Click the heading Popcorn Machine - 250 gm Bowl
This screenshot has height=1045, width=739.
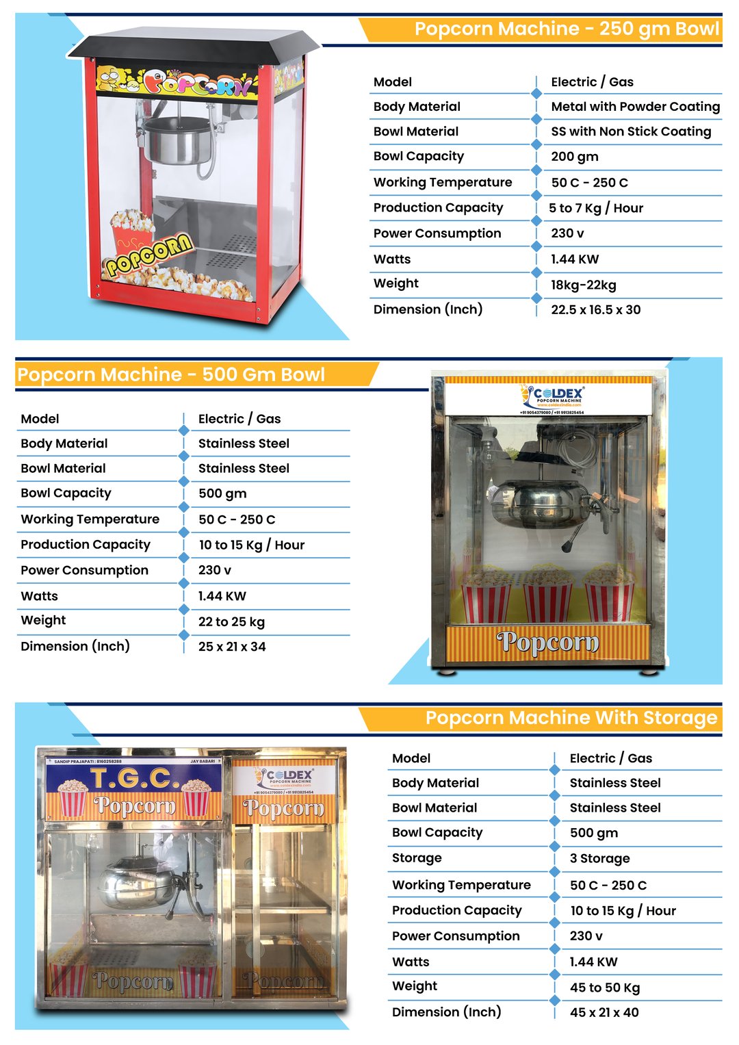tap(566, 29)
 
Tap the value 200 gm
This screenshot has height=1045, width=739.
tap(574, 157)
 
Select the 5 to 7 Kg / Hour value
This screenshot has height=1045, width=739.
tap(596, 208)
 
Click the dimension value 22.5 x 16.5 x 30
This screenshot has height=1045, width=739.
tap(595, 309)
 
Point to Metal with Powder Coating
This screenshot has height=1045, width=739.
tap(635, 107)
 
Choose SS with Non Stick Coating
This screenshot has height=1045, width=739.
tap(630, 131)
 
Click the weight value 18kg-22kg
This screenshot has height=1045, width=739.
tap(583, 285)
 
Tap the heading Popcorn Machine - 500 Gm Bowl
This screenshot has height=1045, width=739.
tap(171, 375)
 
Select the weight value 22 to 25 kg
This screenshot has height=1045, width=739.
tap(231, 622)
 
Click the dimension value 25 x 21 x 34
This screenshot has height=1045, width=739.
tap(232, 647)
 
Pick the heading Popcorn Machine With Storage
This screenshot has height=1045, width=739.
tap(571, 718)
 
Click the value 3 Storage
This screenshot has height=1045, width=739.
tap(599, 858)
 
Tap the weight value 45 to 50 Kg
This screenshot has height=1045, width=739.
tap(604, 988)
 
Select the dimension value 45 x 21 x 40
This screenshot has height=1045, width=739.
tap(604, 1012)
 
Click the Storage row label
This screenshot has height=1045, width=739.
tap(417, 858)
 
